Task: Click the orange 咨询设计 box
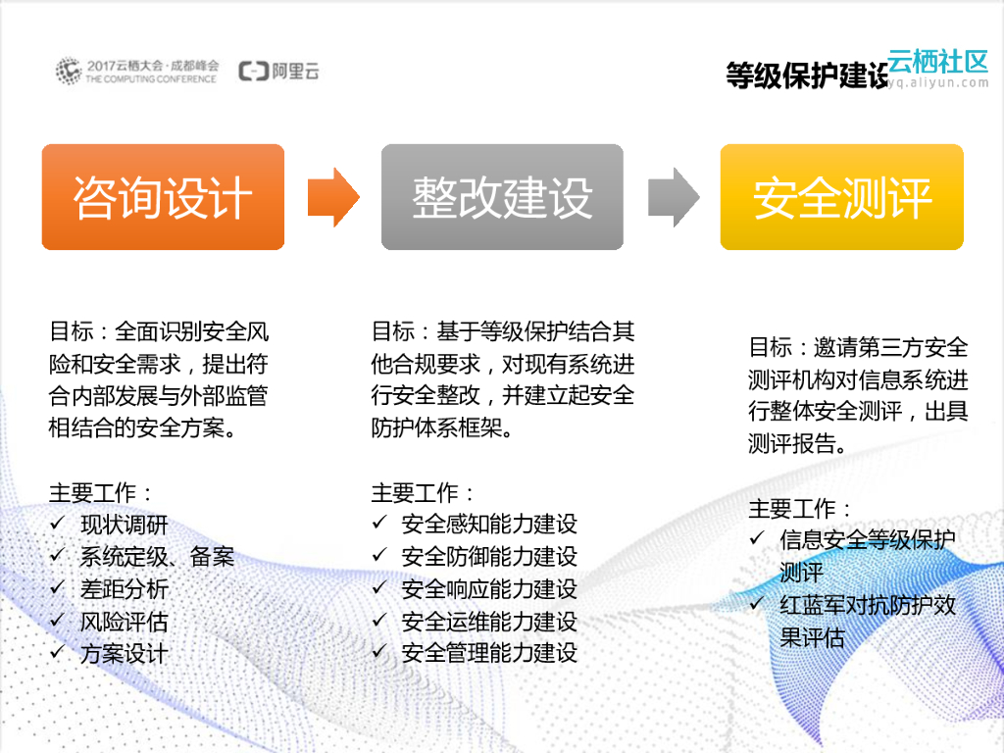163,197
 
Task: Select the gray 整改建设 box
502,197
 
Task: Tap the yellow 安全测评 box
841,197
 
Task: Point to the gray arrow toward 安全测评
673,197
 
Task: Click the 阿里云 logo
279,72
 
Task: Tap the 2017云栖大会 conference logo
137,72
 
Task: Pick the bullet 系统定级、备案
157,558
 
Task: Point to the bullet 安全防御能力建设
489,557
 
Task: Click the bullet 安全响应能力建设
489,589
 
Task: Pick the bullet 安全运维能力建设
489,622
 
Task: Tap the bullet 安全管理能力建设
489,653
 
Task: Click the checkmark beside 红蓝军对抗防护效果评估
757,604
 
